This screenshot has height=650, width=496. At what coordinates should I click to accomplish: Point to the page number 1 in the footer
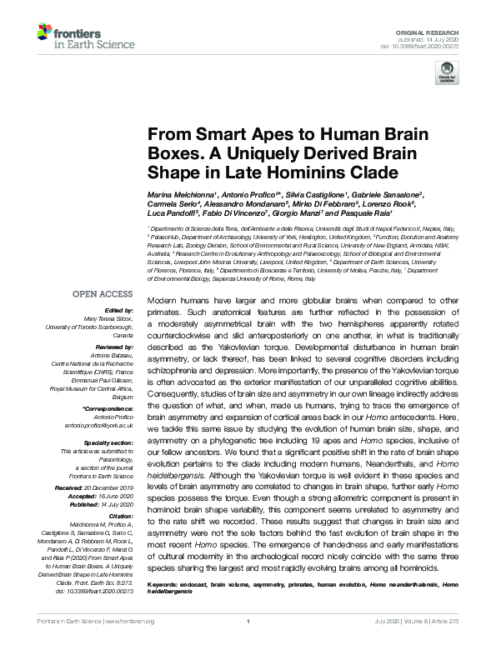[x=248, y=642]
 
